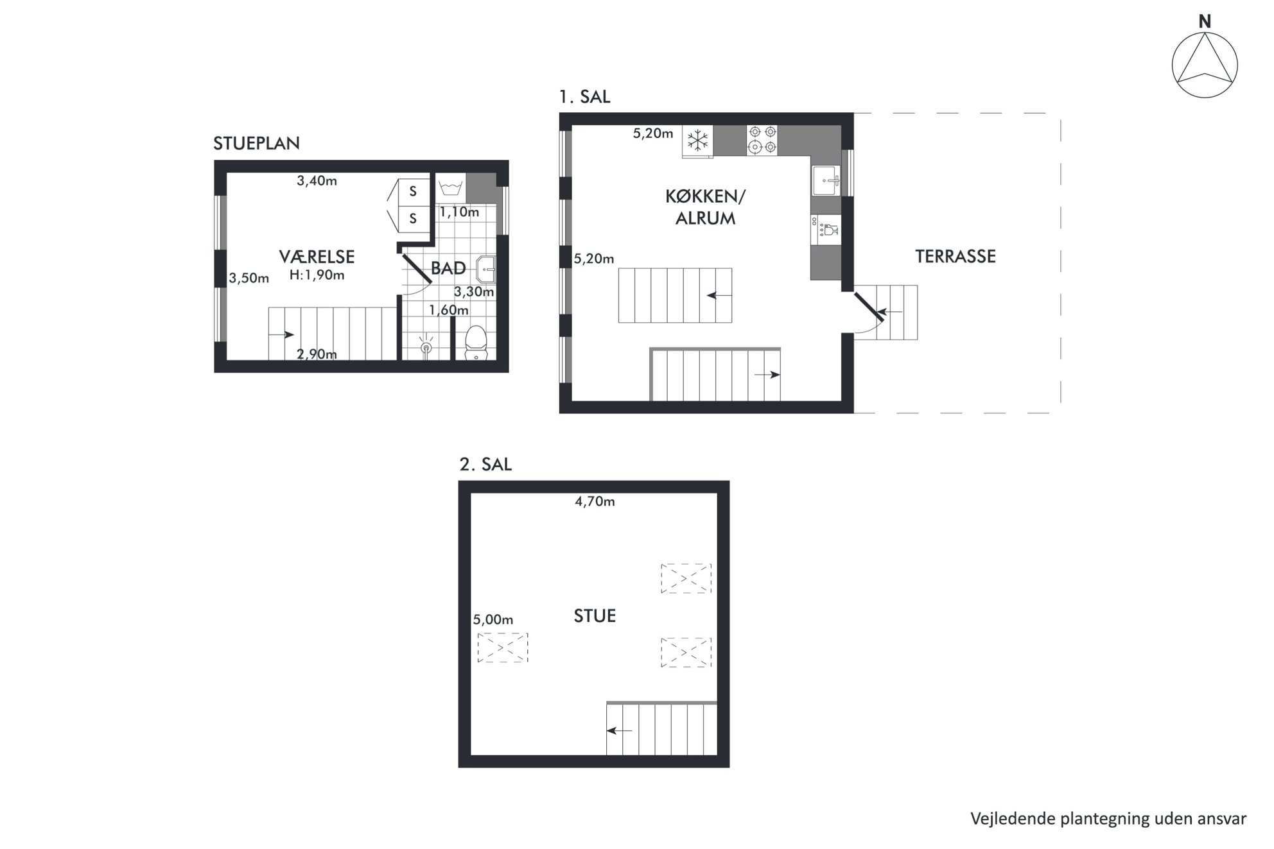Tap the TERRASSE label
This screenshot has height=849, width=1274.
[x=955, y=257]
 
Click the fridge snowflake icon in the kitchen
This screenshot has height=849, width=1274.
[x=697, y=140]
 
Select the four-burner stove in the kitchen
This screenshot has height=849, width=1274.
[x=762, y=140]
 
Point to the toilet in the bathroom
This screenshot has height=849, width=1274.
[x=476, y=343]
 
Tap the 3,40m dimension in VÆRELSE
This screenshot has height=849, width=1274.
[x=317, y=181]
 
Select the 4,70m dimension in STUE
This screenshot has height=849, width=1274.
[x=595, y=501]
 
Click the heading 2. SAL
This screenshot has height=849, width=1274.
[x=485, y=465]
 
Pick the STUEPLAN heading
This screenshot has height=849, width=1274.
[x=257, y=143]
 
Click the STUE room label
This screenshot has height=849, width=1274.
[x=595, y=616]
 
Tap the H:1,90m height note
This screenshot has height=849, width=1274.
[x=317, y=275]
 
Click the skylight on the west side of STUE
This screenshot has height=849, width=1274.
[x=503, y=647]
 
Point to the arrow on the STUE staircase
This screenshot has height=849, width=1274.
[x=620, y=730]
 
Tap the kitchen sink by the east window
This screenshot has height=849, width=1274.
[x=826, y=180]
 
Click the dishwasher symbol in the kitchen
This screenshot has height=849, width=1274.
[x=826, y=229]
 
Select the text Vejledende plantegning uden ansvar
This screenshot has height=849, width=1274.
[x=1108, y=819]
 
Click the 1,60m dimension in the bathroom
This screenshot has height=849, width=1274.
[x=449, y=310]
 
